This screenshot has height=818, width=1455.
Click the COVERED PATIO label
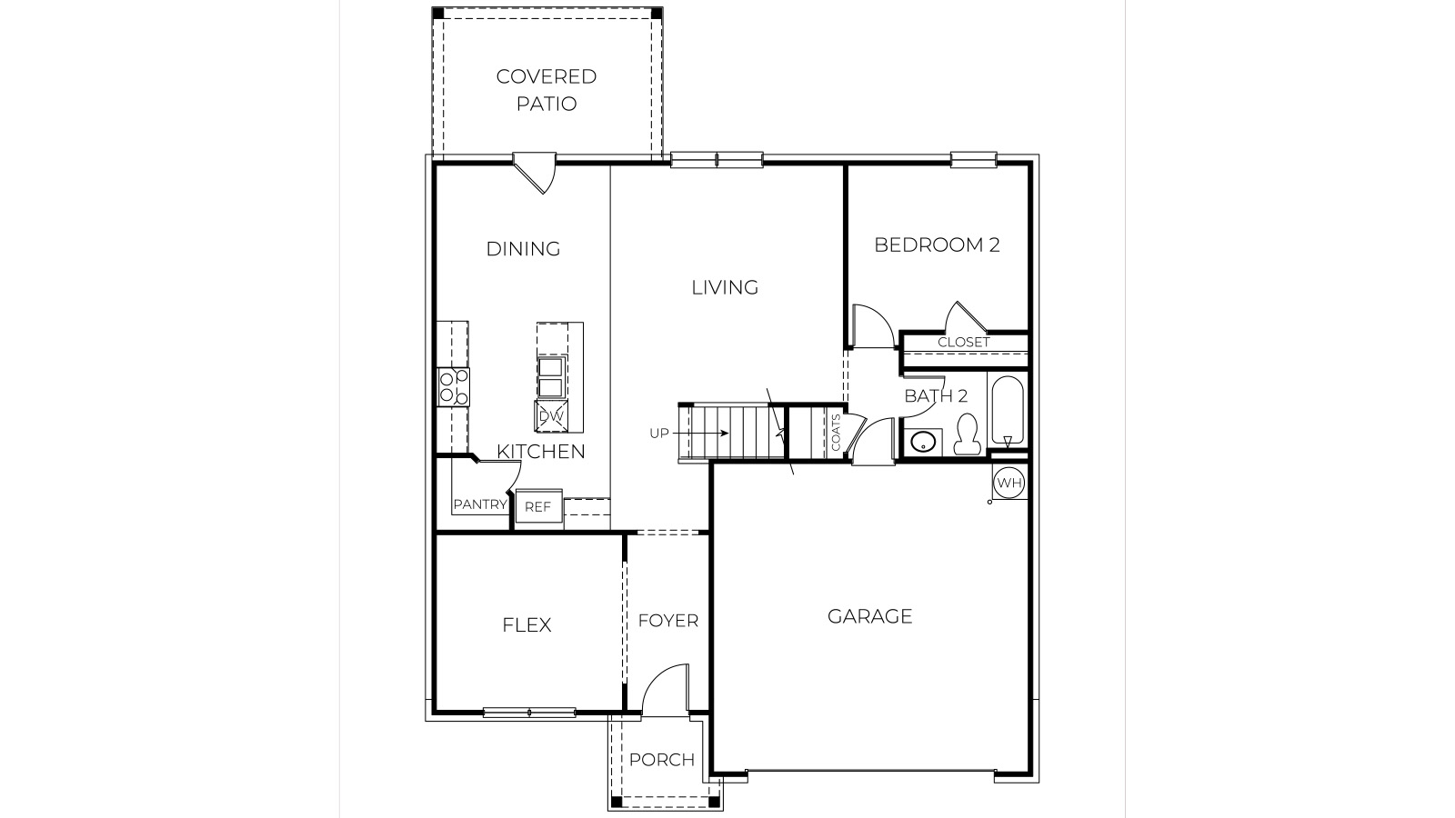(547, 89)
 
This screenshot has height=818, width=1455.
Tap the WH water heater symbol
(1008, 483)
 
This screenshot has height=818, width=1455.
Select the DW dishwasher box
(551, 415)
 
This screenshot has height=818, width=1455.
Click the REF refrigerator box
(538, 507)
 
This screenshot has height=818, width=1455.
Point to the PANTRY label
(479, 504)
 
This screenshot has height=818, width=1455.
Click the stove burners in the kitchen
(454, 386)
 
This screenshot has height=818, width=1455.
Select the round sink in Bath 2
(923, 444)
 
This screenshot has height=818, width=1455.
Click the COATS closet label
(836, 433)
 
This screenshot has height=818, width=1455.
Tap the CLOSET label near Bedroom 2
(963, 343)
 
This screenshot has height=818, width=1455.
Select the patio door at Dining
(536, 172)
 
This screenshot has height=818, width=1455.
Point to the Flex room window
(528, 713)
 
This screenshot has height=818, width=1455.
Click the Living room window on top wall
(716, 161)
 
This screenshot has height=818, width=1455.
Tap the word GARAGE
(869, 616)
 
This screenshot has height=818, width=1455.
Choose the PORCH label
(661, 760)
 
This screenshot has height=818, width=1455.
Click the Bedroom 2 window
(973, 161)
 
